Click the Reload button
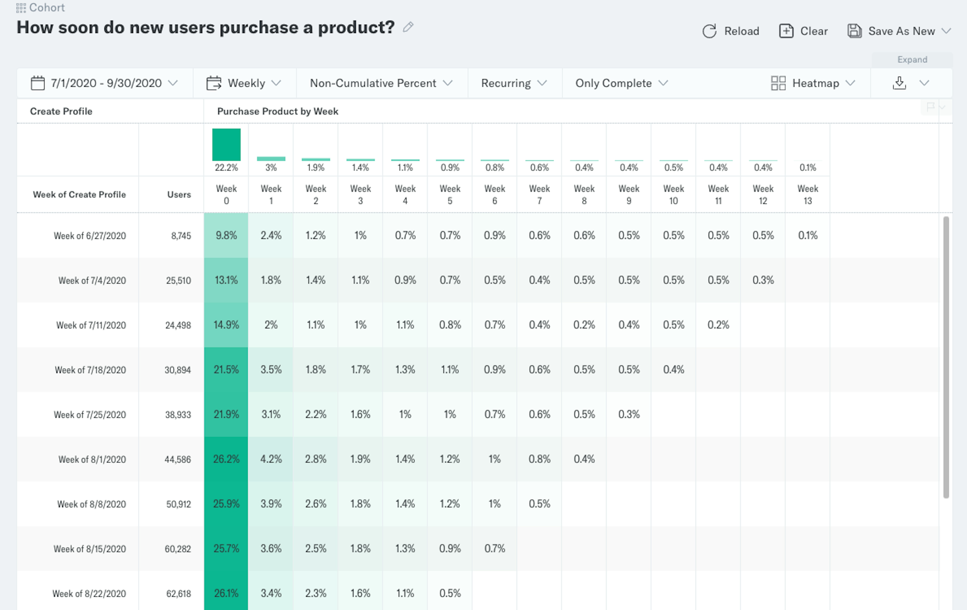[x=731, y=31]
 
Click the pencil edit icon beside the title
[x=408, y=27]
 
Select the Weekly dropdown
[x=244, y=83]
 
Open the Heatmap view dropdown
[x=813, y=83]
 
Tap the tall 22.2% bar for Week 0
[x=226, y=145]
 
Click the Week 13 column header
[x=808, y=194]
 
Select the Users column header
[x=179, y=194]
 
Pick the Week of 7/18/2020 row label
[x=90, y=370]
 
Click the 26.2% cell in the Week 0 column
[x=226, y=459]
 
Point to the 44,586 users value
[x=178, y=459]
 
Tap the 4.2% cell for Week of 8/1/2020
[x=271, y=459]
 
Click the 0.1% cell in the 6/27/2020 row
[x=808, y=235]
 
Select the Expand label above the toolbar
[x=912, y=59]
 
